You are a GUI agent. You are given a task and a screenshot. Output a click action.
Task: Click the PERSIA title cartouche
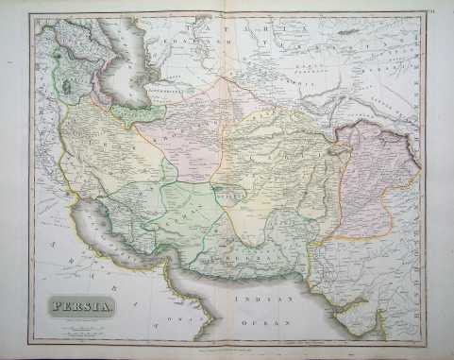79,305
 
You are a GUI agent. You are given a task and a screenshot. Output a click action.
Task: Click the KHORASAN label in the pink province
179,132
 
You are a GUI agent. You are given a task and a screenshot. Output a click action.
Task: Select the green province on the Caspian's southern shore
132,114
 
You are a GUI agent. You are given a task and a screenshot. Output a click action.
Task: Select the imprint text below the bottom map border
227,343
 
